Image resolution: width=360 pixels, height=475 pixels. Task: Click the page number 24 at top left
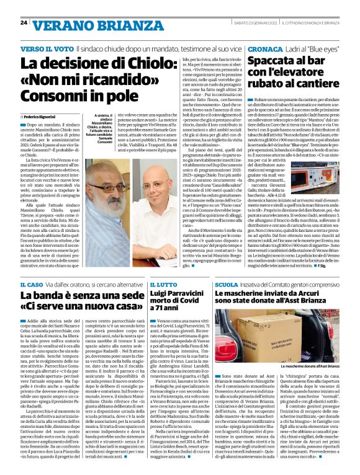(x=24, y=22)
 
